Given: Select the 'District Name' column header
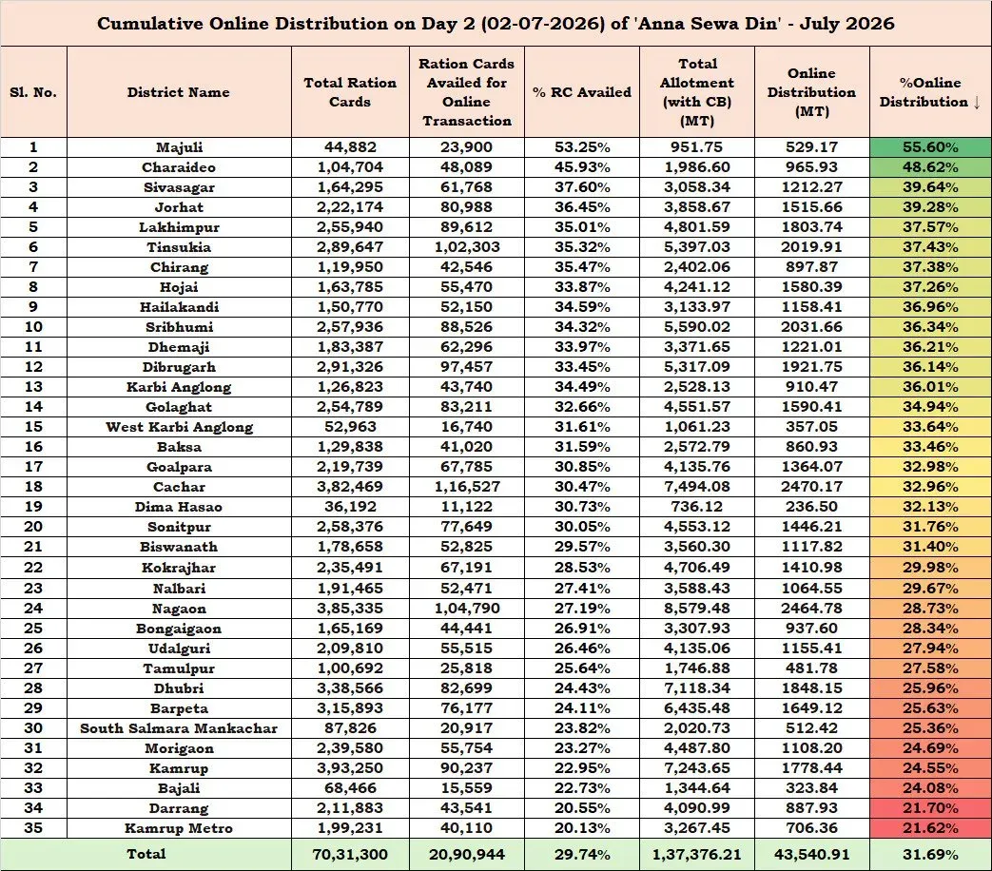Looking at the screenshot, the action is click(x=179, y=91).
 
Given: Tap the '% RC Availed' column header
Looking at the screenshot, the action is click(x=582, y=91).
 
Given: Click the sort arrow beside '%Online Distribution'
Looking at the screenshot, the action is click(x=977, y=102).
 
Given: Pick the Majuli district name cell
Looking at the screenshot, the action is click(x=179, y=147).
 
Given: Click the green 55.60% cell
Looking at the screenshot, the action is click(x=930, y=147).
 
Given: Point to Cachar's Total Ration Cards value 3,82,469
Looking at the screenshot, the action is click(x=350, y=487).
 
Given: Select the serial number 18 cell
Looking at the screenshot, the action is click(x=33, y=487).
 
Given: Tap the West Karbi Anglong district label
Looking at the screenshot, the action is click(x=179, y=427).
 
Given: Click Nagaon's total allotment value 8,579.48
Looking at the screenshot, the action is click(x=696, y=609).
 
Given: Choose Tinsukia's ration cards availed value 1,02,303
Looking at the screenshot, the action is click(x=467, y=247).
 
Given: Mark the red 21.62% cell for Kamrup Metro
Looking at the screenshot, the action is click(x=930, y=828).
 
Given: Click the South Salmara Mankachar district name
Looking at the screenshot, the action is click(x=179, y=728).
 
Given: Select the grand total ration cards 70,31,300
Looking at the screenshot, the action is click(x=350, y=855).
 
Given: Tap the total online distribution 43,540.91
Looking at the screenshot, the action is click(x=811, y=855).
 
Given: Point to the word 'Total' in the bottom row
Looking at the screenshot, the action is click(x=146, y=854).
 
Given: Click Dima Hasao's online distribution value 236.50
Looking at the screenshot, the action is click(x=811, y=507).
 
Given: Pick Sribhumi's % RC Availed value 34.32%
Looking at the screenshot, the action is click(x=582, y=327).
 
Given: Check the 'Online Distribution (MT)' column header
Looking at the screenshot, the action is click(x=811, y=91).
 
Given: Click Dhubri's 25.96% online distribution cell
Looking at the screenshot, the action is click(x=930, y=688).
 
